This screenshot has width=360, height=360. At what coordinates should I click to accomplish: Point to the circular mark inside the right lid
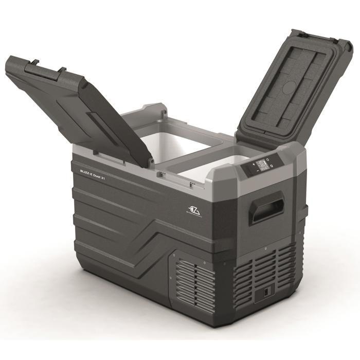tap(290, 86)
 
